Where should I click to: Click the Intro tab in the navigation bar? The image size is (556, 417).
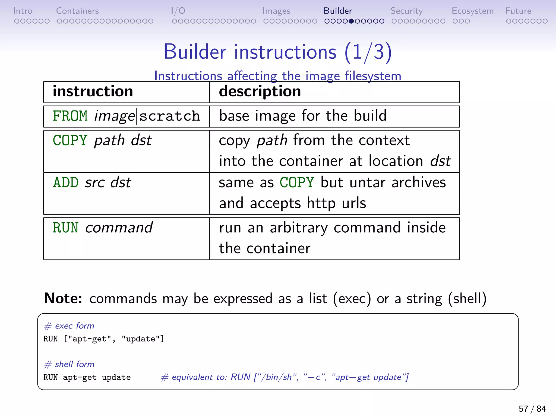pyautogui.click(x=23, y=11)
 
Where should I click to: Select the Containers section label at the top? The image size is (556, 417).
pyautogui.click(x=77, y=11)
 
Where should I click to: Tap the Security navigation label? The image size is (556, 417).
pyautogui.click(x=406, y=11)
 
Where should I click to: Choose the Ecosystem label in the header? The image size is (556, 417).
pyautogui.click(x=472, y=11)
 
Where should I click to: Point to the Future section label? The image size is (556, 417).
pyautogui.click(x=518, y=11)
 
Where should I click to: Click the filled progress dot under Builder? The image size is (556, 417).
pyautogui.click(x=351, y=21)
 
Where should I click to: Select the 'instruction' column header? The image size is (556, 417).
pyautogui.click(x=93, y=91)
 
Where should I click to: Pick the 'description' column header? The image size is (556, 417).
pyautogui.click(x=260, y=91)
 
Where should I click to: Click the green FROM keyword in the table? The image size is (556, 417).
pyautogui.click(x=70, y=116)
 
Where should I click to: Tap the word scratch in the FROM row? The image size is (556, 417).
pyautogui.click(x=170, y=116)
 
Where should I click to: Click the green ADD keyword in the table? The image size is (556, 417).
pyautogui.click(x=66, y=182)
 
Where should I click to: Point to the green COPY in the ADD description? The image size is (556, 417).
pyautogui.click(x=297, y=182)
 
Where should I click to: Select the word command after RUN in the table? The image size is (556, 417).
pyautogui.click(x=119, y=228)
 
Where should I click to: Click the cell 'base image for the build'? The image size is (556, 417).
pyautogui.click(x=303, y=116)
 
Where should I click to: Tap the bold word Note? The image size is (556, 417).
pyautogui.click(x=63, y=298)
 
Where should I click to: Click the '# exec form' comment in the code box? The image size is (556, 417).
pyautogui.click(x=69, y=326)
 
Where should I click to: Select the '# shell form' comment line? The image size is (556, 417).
pyautogui.click(x=69, y=364)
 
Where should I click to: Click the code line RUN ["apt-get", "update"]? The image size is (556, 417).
pyautogui.click(x=104, y=339)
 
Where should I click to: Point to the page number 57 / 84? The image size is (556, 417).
pyautogui.click(x=532, y=409)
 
